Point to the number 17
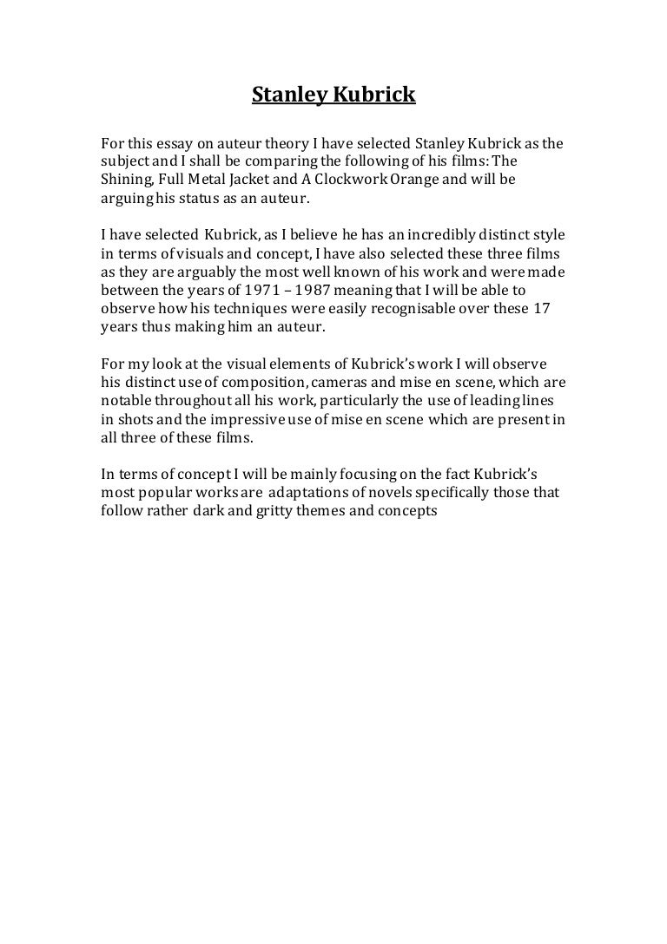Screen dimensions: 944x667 pyautogui.click(x=540, y=311)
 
